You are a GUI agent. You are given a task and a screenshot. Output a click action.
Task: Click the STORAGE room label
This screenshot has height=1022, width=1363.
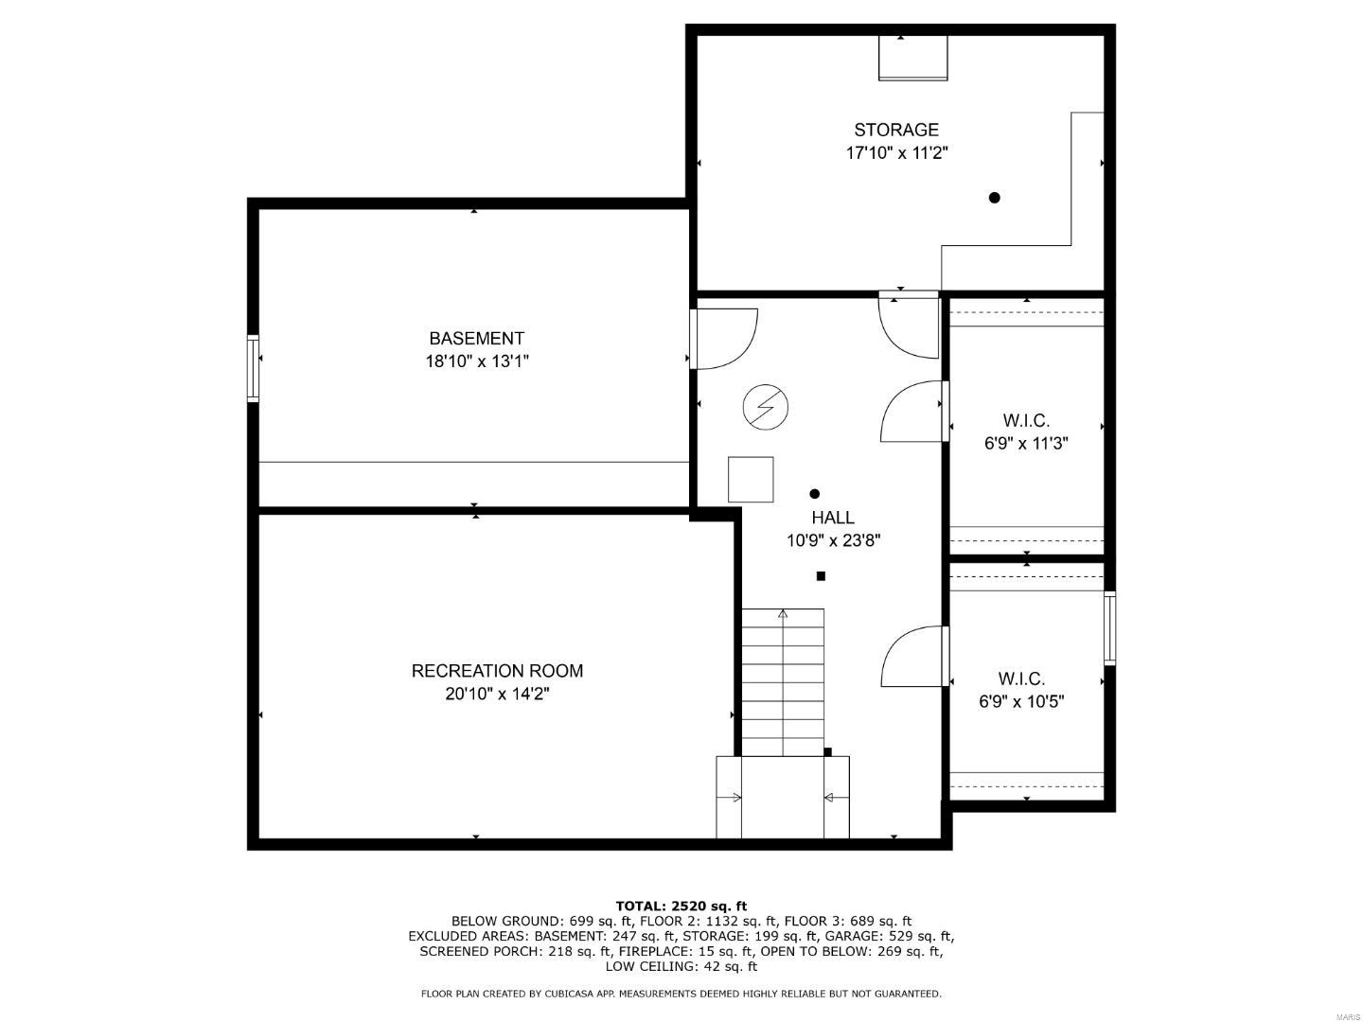tap(896, 130)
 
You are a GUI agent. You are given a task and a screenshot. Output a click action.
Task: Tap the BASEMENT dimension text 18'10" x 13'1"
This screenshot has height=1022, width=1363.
tap(477, 361)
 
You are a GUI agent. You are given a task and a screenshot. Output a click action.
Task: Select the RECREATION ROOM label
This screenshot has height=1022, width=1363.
tap(497, 671)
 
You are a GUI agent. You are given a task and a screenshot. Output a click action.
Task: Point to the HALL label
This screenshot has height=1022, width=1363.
tap(833, 518)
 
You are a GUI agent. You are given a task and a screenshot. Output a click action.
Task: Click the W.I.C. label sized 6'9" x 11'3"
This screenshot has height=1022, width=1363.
tap(1026, 421)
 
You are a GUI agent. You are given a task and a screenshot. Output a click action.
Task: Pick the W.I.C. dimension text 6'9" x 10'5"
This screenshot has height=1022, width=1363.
tap(1022, 702)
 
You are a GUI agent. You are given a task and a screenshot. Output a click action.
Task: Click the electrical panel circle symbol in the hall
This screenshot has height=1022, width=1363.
tap(766, 407)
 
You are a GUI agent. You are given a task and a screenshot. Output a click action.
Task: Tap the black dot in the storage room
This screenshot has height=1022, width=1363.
tap(994, 198)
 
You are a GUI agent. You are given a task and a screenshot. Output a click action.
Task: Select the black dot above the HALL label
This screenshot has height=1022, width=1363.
tap(815, 494)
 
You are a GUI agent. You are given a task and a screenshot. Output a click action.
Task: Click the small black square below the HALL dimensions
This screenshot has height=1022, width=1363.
tap(821, 576)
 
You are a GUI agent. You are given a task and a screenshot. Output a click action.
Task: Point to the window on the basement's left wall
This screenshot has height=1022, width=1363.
tap(253, 369)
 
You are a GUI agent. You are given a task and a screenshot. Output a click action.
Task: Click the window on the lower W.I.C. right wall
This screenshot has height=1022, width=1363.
tap(1109, 628)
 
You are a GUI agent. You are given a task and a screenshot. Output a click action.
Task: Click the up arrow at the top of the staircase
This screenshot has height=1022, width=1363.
tap(783, 614)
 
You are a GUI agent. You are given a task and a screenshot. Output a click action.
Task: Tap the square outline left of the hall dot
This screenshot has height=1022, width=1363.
tap(751, 479)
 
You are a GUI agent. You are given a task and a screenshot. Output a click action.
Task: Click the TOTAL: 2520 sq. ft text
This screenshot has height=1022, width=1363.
tap(681, 907)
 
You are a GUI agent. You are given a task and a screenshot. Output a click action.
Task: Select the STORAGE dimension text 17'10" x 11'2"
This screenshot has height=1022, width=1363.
tap(896, 152)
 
